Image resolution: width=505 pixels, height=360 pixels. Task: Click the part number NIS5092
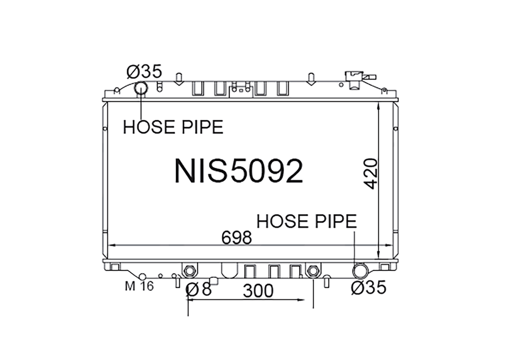point(239,171)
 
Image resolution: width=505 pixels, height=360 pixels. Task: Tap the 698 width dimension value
point(236,238)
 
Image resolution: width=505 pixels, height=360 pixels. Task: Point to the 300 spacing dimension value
point(258,291)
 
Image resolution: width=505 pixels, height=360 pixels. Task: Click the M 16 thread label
point(140,286)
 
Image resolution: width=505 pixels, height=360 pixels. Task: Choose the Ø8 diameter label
point(199,289)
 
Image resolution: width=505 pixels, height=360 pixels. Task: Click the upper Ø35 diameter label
point(144,72)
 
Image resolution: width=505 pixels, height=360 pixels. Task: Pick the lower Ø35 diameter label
point(368,287)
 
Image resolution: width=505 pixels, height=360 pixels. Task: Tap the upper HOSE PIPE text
point(173,127)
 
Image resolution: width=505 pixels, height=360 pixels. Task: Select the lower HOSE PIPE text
point(307,221)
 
